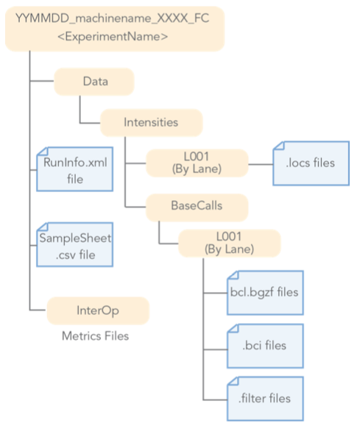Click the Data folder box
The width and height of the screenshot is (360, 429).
94,82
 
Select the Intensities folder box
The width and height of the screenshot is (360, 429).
150,122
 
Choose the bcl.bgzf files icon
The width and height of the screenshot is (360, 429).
264,292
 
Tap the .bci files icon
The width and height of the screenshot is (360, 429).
264,344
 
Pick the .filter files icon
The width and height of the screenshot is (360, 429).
264,397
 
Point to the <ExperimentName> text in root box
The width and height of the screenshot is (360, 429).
113,35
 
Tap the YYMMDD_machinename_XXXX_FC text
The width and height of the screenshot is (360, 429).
113,18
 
